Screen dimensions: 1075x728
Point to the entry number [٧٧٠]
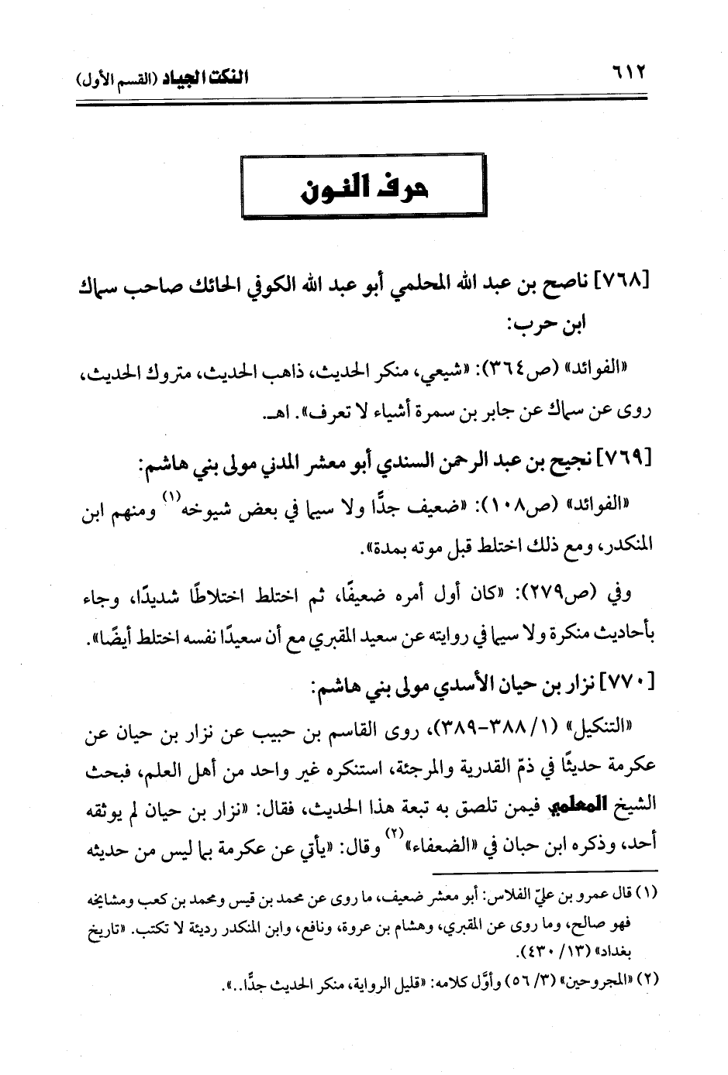629,682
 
